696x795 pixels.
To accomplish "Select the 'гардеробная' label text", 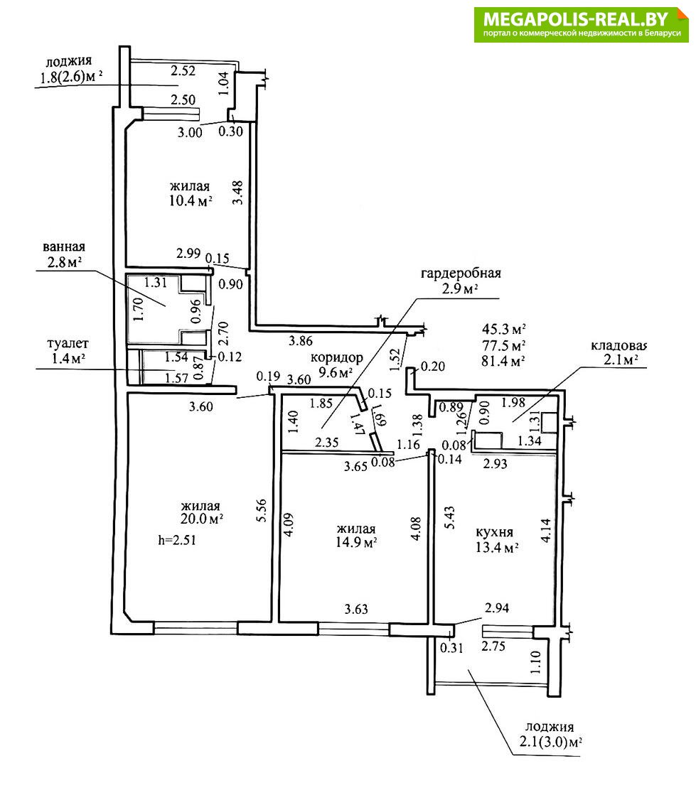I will pos(461,273).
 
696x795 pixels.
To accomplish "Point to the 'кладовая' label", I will pos(619,346).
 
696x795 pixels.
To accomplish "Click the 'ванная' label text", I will pos(64,247).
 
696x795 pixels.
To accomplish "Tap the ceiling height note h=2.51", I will pos(176,539).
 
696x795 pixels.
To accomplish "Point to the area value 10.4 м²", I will pos(189,201).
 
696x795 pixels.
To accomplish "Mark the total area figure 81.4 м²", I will pos(504,360).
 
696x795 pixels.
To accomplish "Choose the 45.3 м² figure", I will pos(504,329).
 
